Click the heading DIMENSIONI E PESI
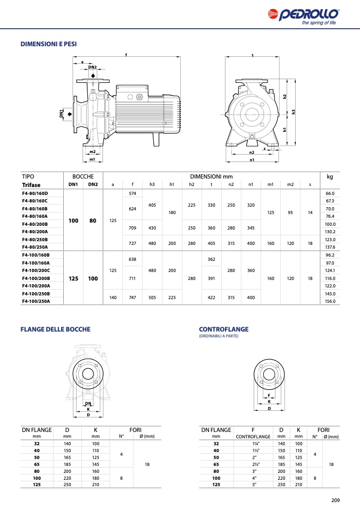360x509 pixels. (x=48, y=44)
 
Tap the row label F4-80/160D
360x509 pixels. (x=35, y=193)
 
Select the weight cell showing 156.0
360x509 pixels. (x=329, y=301)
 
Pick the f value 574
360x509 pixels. (x=132, y=193)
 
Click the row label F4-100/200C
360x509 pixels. (x=36, y=270)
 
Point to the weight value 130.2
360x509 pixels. (x=329, y=232)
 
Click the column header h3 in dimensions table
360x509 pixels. (x=152, y=184)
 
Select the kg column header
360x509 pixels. (x=329, y=176)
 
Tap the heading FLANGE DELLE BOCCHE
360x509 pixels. (x=55, y=329)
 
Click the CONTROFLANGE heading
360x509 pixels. (x=223, y=329)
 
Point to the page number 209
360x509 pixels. (x=335, y=500)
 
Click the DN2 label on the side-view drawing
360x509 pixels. (x=93, y=67)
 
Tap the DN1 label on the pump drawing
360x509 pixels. (x=61, y=114)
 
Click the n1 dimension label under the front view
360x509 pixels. (x=252, y=159)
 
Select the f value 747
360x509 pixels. (x=132, y=298)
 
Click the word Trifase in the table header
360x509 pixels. (x=31, y=185)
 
